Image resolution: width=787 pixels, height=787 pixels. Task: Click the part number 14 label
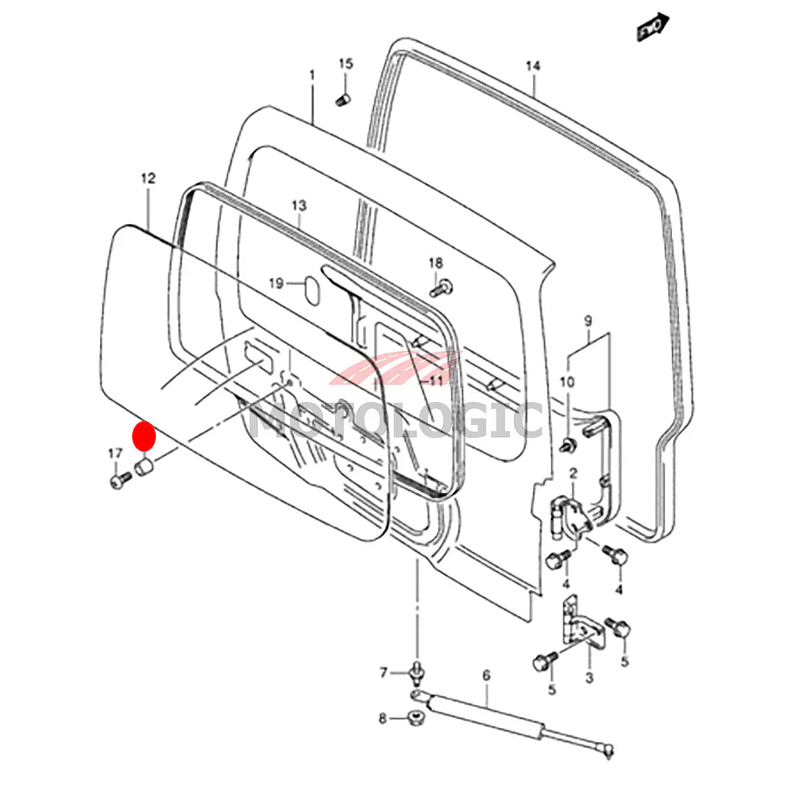pyautogui.click(x=534, y=66)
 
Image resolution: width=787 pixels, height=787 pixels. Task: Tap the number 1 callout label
pyautogui.click(x=312, y=75)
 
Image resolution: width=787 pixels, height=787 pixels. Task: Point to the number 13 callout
pyautogui.click(x=297, y=205)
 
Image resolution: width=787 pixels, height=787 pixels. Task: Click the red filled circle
pyautogui.click(x=143, y=436)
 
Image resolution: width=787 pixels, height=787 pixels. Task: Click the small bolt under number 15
pyautogui.click(x=343, y=99)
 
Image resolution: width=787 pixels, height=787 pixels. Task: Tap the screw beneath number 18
pyautogui.click(x=442, y=288)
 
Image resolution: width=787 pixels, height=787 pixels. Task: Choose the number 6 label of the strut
pyautogui.click(x=486, y=675)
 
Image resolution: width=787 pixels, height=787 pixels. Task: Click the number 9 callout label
pyautogui.click(x=586, y=320)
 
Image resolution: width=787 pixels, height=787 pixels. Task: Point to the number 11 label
pyautogui.click(x=437, y=379)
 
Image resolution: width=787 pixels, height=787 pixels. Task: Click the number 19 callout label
pyautogui.click(x=275, y=283)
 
